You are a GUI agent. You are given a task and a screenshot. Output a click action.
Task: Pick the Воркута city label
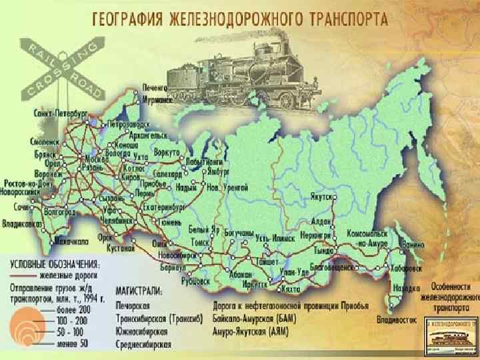167,152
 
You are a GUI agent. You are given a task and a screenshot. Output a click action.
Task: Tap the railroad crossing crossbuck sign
59,68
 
